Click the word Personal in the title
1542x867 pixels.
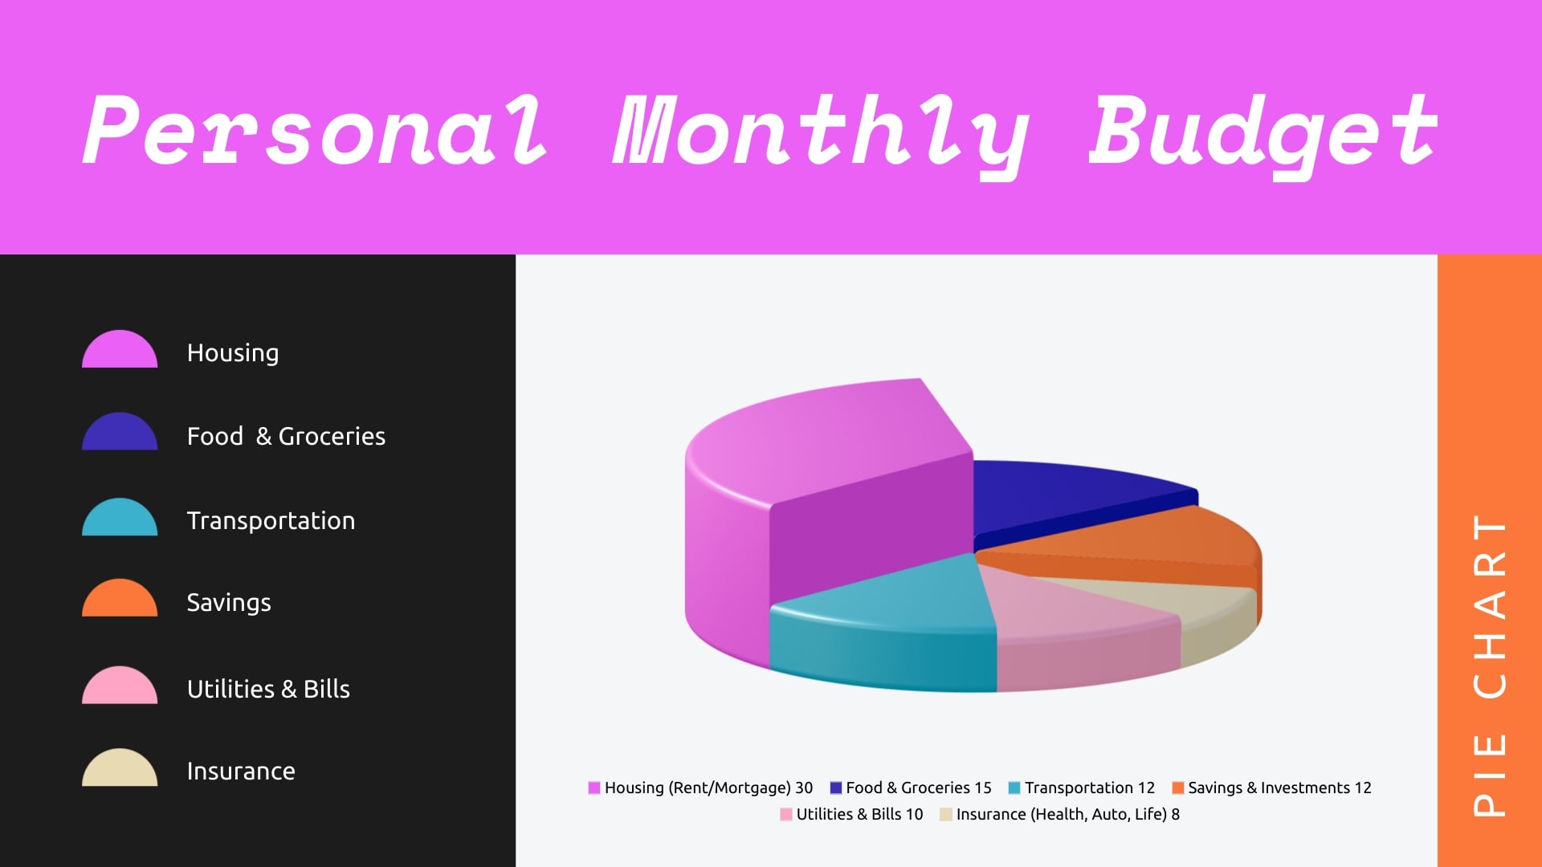pos(315,130)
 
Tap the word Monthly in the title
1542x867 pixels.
pos(819,132)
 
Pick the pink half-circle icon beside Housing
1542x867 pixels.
pos(120,352)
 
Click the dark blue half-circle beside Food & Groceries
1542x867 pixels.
pos(120,433)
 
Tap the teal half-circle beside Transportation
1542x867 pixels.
pos(120,519)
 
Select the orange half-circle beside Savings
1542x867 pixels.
pos(120,600)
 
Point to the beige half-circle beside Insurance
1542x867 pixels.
pos(120,769)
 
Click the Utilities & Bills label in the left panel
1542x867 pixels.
pos(268,689)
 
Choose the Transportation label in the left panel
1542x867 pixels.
pos(271,520)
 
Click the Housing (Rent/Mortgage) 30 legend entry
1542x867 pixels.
pos(700,788)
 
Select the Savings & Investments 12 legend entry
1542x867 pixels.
pos(1271,788)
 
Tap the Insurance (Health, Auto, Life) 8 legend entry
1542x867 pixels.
pos(1060,814)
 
